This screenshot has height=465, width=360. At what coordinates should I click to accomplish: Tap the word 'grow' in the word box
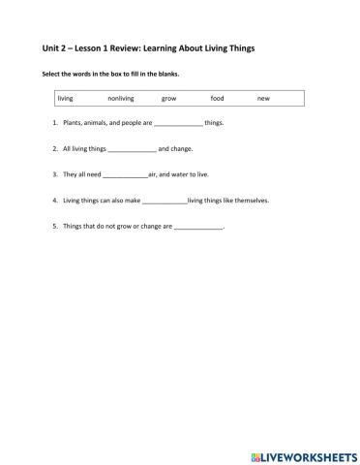168,98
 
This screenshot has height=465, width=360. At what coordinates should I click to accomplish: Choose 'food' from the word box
217,98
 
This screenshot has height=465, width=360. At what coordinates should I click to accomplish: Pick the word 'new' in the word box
263,98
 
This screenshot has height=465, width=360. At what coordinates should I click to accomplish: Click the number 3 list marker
55,175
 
